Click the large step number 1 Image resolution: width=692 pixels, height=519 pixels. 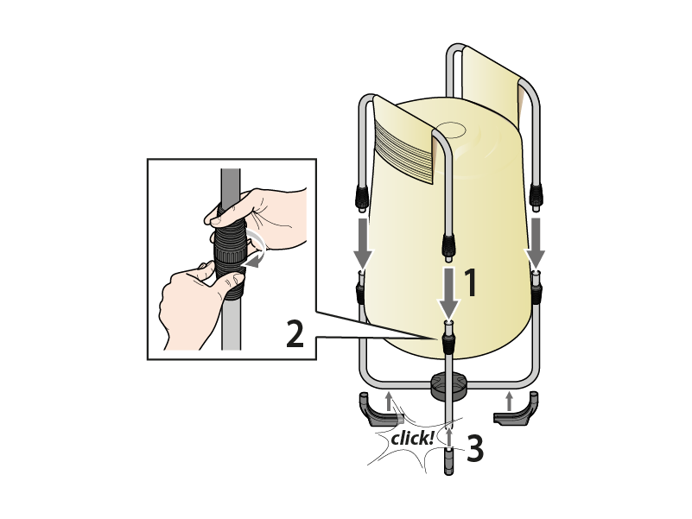tap(471, 282)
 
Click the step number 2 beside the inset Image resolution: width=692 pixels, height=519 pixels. tap(295, 334)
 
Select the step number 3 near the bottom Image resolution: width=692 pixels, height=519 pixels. tap(475, 448)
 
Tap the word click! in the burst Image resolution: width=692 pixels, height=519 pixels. tap(412, 439)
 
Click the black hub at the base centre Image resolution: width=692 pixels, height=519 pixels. tap(449, 386)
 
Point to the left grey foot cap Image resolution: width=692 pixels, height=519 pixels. tap(378, 410)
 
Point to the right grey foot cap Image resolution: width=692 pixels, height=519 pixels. tap(517, 410)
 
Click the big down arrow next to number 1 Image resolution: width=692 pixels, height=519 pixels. tap(449, 292)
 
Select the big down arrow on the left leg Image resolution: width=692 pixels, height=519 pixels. tap(363, 243)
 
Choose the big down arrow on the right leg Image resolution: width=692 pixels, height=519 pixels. tap(535, 243)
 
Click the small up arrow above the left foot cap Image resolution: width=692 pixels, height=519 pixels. tap(389, 402)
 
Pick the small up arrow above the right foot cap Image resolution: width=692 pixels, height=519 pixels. tap(510, 402)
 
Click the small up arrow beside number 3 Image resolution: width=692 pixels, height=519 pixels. tap(449, 436)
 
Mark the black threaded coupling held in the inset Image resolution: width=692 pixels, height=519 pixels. tap(230, 251)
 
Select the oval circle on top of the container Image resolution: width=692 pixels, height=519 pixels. tap(450, 130)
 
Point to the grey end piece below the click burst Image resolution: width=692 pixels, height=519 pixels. tap(449, 460)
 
